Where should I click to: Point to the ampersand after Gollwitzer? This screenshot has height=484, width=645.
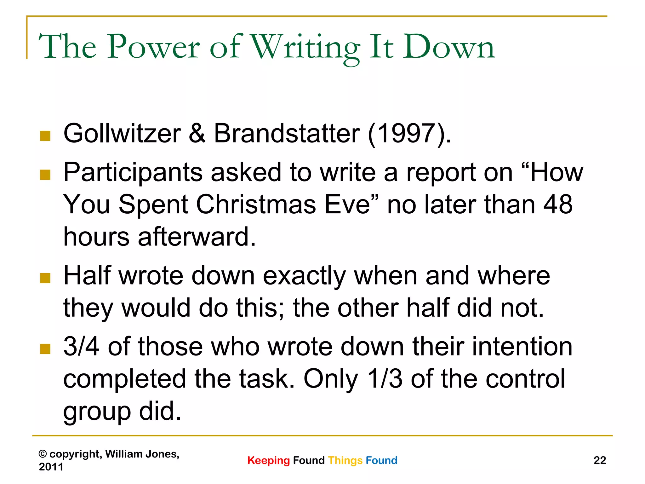click(x=197, y=134)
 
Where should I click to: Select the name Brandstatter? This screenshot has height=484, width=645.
click(x=287, y=134)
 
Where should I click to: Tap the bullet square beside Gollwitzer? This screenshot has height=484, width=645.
click(x=45, y=136)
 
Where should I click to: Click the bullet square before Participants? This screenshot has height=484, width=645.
click(x=45, y=175)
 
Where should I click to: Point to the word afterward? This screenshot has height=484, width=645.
click(x=197, y=237)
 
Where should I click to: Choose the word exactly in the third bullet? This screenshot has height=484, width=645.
click(x=304, y=276)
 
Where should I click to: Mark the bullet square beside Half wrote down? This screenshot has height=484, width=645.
click(x=45, y=278)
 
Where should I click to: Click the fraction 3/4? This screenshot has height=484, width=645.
click(x=81, y=347)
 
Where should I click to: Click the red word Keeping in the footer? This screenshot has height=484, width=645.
click(x=268, y=460)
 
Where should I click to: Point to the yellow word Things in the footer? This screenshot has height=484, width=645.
click(x=345, y=460)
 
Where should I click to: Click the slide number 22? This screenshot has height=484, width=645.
click(x=600, y=460)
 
